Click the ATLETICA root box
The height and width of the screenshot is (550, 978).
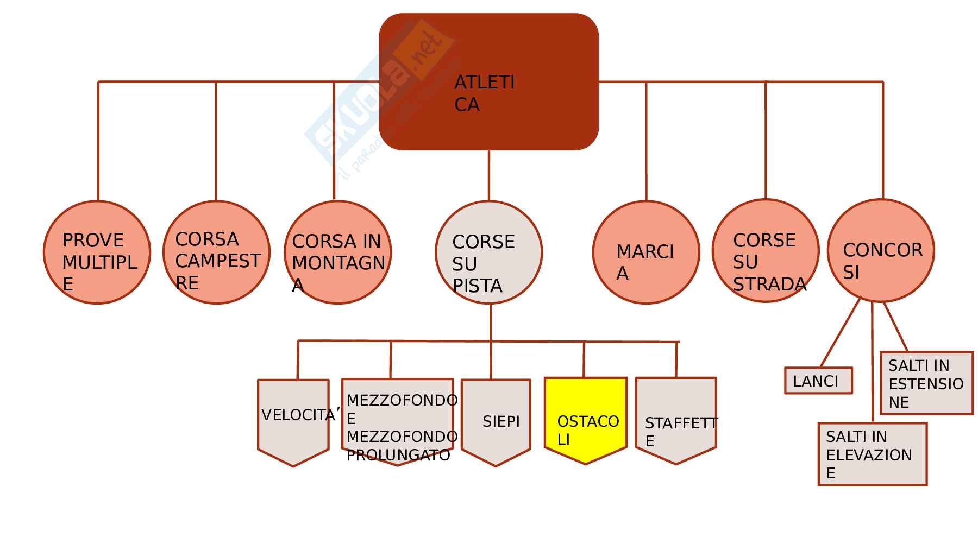pyautogui.click(x=488, y=81)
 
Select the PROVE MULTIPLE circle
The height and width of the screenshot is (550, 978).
pyautogui.click(x=97, y=252)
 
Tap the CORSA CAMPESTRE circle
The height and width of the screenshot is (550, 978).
pyautogui.click(x=216, y=252)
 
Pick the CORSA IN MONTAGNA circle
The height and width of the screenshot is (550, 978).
pyautogui.click(x=337, y=252)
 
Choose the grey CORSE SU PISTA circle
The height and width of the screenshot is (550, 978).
pyautogui.click(x=488, y=252)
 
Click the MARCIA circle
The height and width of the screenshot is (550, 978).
pyautogui.click(x=645, y=252)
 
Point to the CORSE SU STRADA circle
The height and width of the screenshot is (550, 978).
pyautogui.click(x=765, y=251)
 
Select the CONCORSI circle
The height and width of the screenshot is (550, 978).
pyautogui.click(x=880, y=250)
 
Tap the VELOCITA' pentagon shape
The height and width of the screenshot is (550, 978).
pyautogui.click(x=293, y=421)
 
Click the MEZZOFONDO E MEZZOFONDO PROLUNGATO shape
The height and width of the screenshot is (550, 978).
pyautogui.click(x=397, y=421)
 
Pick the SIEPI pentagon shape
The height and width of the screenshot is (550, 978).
pyautogui.click(x=496, y=421)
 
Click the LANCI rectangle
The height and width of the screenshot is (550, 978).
pyautogui.click(x=818, y=381)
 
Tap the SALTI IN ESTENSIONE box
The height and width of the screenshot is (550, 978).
pyautogui.click(x=926, y=383)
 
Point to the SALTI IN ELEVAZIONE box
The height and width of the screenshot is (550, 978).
pyautogui.click(x=872, y=454)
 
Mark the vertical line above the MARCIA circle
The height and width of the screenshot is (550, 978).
pyautogui.click(x=646, y=141)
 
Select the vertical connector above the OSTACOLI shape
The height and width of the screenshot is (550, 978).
pyautogui.click(x=584, y=359)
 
